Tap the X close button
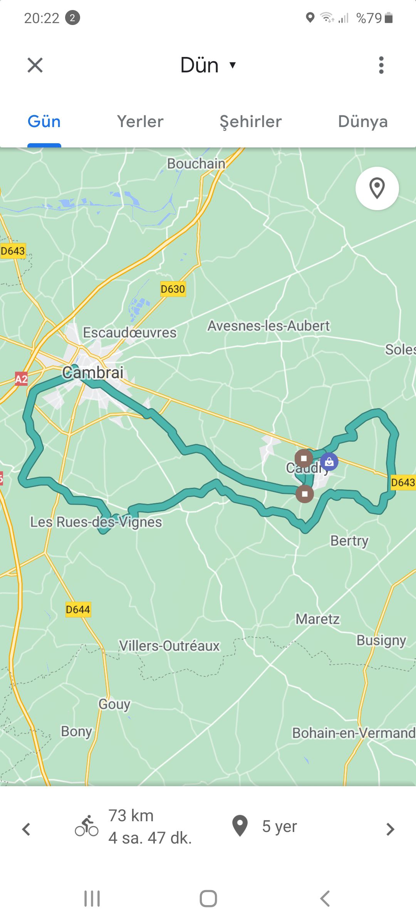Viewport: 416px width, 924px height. (x=35, y=65)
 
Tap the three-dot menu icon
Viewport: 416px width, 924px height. (x=381, y=65)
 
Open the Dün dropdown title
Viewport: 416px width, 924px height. (x=208, y=65)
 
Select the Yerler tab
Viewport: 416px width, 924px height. (x=140, y=122)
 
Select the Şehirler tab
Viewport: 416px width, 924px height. (x=251, y=122)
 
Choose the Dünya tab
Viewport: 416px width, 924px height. (x=362, y=122)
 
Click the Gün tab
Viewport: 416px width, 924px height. (x=44, y=122)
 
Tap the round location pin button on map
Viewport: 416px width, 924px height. (x=377, y=188)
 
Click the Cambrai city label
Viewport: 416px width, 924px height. (x=93, y=372)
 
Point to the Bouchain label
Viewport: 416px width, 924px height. (x=196, y=164)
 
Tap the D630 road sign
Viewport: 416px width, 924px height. (x=173, y=289)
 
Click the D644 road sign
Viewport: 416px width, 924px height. (x=78, y=609)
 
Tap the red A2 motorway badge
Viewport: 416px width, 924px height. (x=21, y=379)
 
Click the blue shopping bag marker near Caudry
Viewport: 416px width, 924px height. (x=329, y=461)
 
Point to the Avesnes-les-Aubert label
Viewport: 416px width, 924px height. (x=268, y=326)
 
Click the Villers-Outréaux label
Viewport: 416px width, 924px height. (x=169, y=646)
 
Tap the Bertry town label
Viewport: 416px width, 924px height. (x=349, y=541)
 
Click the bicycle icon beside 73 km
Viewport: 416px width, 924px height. (x=87, y=827)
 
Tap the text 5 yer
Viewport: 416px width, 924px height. (x=279, y=827)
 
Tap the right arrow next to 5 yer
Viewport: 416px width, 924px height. (x=390, y=829)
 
